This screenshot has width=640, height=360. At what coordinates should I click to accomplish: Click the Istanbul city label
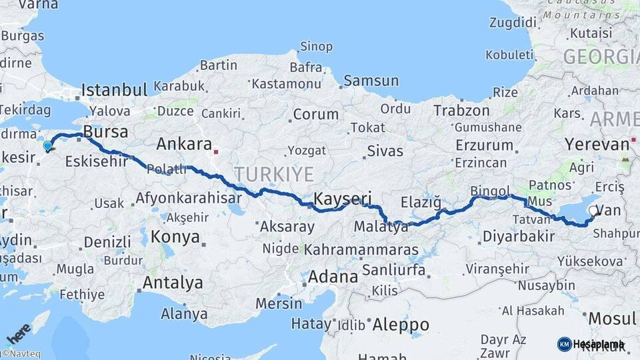114,90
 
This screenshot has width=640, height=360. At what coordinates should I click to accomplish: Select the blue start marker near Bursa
47,146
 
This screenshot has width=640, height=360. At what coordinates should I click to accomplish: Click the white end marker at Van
593,211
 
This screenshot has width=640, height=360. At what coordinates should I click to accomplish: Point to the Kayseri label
342,198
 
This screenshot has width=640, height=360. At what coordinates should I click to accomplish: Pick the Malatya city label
381,227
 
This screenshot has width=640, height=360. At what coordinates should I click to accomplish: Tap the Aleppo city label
400,325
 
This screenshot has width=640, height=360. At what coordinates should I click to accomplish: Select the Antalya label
173,283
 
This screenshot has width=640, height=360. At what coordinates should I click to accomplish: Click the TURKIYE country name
273,175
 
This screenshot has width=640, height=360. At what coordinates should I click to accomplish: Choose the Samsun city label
371,81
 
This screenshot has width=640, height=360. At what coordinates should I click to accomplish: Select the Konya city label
175,237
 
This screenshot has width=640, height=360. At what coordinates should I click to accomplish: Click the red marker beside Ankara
216,152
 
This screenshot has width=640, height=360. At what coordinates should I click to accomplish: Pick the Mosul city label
611,318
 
